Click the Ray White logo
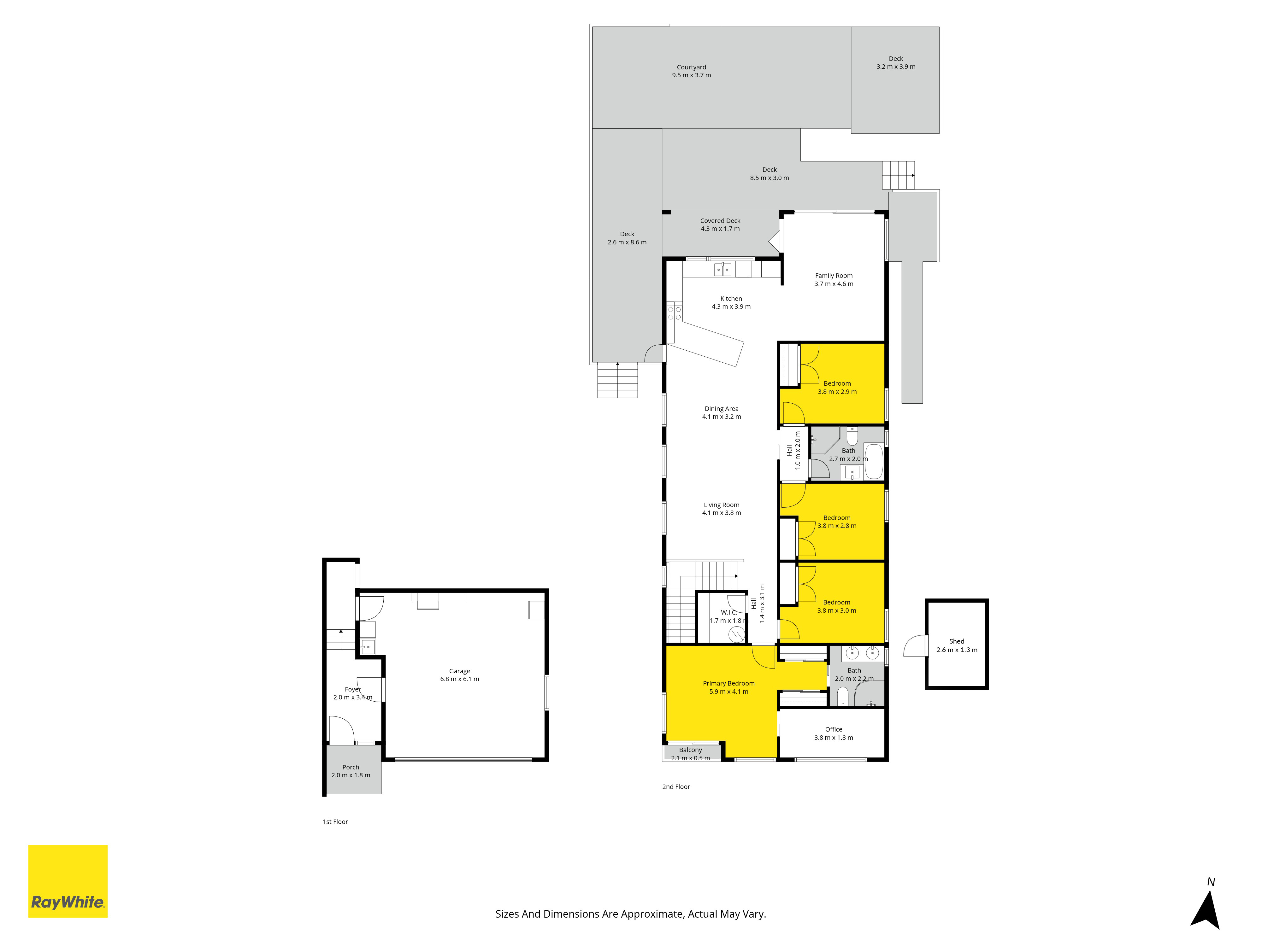[68, 881]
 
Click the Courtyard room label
[692, 67]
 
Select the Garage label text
[459, 671]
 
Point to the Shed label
[957, 641]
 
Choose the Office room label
[834, 729]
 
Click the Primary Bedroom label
[728, 683]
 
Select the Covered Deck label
[720, 221]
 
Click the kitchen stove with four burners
[674, 313]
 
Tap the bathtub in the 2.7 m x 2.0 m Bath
[874, 461]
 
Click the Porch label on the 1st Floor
[351, 767]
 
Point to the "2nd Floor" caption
[676, 787]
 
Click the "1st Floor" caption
[335, 822]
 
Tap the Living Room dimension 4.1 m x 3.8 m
[722, 513]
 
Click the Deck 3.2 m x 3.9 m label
[896, 63]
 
